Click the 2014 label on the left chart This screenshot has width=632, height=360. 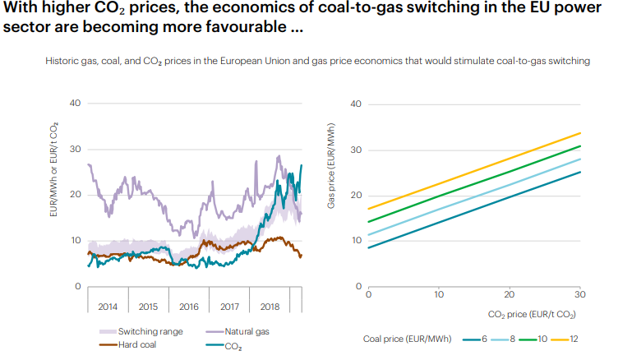(x=108, y=307)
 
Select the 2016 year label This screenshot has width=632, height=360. (x=189, y=307)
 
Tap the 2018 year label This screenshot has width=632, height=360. (x=270, y=307)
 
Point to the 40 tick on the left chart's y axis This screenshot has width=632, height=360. (x=76, y=104)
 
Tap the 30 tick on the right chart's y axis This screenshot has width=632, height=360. (x=357, y=150)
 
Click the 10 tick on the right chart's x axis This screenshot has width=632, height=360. (x=439, y=294)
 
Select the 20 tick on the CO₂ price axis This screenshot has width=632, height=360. (x=510, y=294)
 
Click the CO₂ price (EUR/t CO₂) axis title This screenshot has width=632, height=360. (x=532, y=314)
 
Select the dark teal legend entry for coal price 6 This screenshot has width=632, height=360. (x=486, y=338)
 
